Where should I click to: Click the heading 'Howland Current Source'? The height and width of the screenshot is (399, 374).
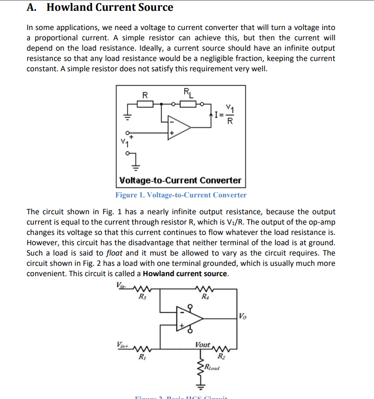coord(110,8)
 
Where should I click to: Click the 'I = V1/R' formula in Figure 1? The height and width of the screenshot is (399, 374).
coord(224,114)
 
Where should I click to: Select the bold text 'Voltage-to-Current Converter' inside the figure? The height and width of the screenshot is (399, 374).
coord(180,180)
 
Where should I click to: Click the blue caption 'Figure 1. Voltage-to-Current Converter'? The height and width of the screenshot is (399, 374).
coord(181,195)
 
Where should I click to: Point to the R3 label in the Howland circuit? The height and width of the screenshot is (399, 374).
coord(141,296)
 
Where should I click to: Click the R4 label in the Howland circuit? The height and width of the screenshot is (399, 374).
coord(205,296)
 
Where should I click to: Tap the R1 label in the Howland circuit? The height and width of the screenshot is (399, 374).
coord(142,358)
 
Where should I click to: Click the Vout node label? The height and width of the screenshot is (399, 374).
coord(203,345)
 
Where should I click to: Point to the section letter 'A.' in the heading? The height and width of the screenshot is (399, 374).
coord(32,8)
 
